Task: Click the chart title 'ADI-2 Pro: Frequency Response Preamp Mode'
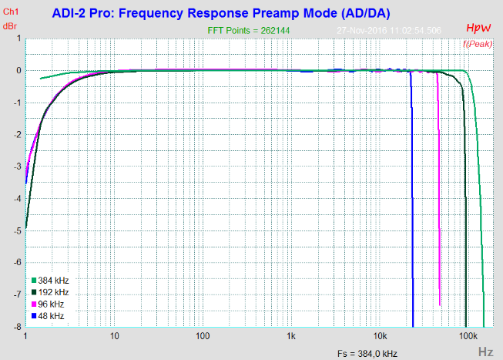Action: click(x=222, y=14)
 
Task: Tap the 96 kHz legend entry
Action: click(x=51, y=304)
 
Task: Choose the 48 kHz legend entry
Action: click(x=51, y=316)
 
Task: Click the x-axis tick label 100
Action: click(x=203, y=338)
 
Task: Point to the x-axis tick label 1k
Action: click(x=291, y=338)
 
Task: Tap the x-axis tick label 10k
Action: click(x=380, y=338)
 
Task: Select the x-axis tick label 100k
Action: click(x=467, y=338)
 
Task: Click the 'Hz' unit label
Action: click(x=485, y=351)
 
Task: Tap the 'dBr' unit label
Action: click(x=11, y=25)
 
